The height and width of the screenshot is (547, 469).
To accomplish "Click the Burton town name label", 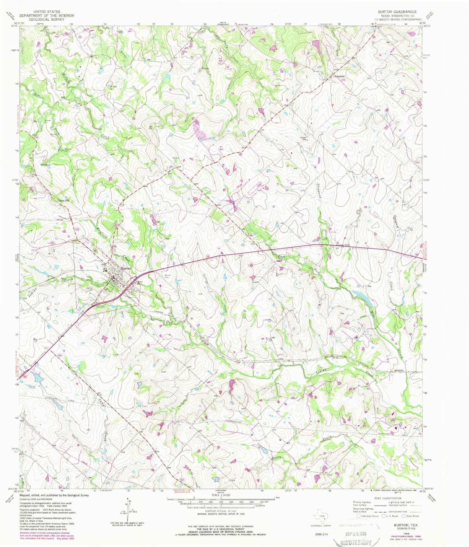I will (126, 269).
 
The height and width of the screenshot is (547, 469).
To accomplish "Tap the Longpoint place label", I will (339, 77).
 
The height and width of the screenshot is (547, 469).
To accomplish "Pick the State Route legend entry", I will (410, 516).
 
